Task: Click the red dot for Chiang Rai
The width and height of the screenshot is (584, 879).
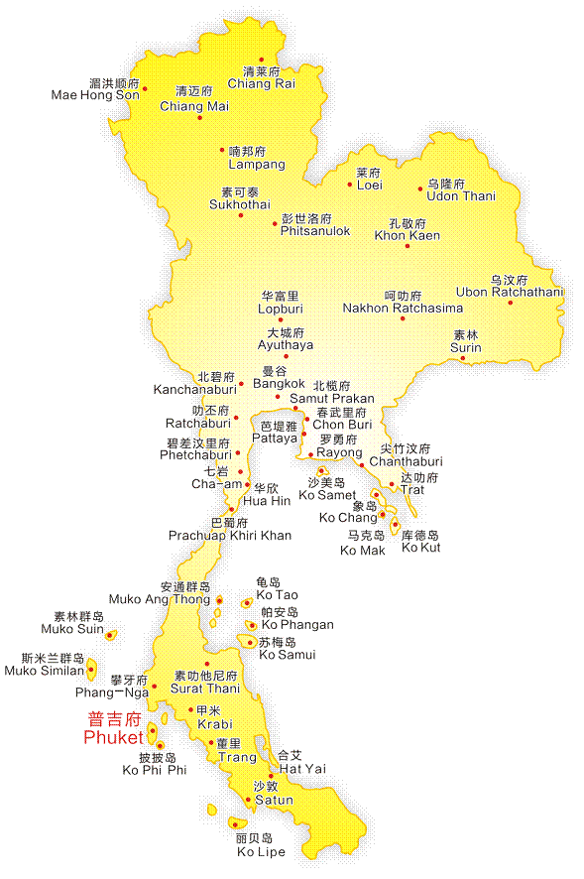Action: click(x=262, y=60)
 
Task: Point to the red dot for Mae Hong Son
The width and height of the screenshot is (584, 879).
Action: click(x=145, y=88)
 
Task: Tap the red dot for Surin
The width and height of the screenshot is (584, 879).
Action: click(x=462, y=358)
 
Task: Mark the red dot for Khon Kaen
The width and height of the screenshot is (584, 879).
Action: click(x=407, y=245)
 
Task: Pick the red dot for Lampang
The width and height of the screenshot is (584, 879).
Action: click(x=222, y=150)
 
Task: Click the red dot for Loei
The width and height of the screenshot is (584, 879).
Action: click(x=350, y=185)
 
